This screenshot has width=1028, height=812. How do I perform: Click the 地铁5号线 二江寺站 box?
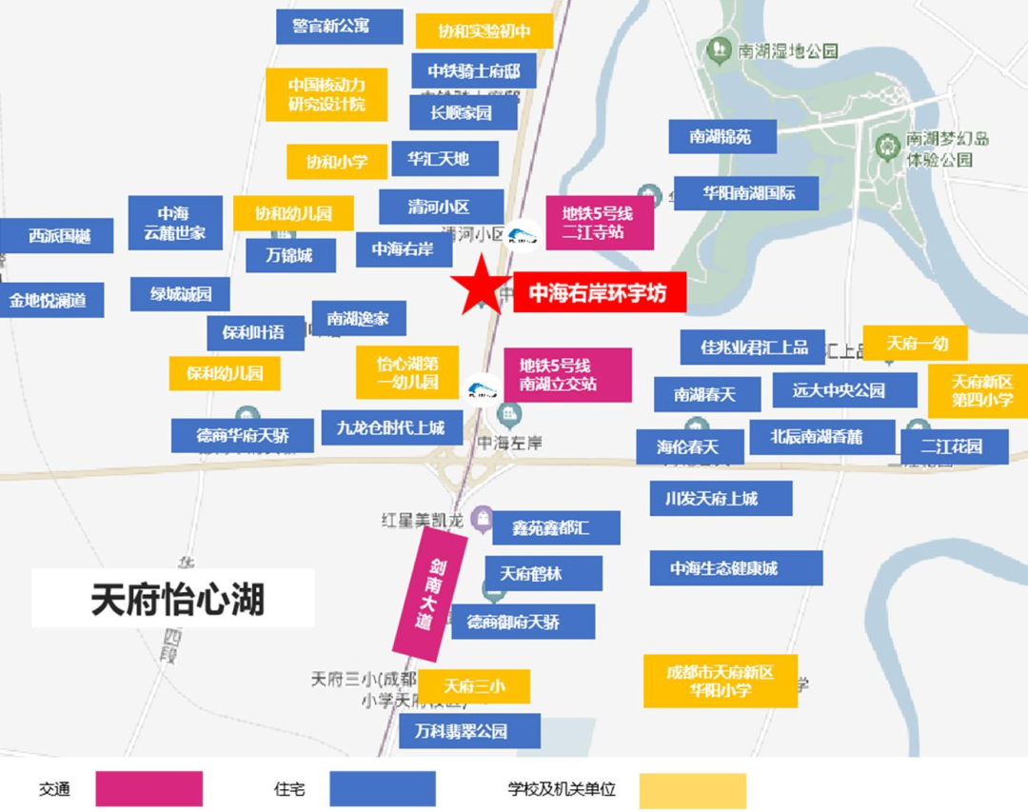(x=599, y=224)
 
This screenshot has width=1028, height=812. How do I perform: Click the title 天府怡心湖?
(x=173, y=599)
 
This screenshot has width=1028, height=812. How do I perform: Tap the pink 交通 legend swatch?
(x=149, y=789)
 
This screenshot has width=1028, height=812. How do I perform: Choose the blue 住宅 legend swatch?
(x=383, y=789)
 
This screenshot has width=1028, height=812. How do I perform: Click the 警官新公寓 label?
(x=339, y=26)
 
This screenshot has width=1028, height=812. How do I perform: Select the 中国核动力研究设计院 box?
(x=326, y=93)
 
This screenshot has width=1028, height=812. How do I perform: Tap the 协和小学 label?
(x=336, y=162)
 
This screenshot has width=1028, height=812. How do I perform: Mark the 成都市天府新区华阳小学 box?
(x=721, y=681)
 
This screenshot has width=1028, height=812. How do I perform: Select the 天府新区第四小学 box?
(x=979, y=390)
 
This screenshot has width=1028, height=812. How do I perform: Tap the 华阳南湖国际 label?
(x=747, y=193)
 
